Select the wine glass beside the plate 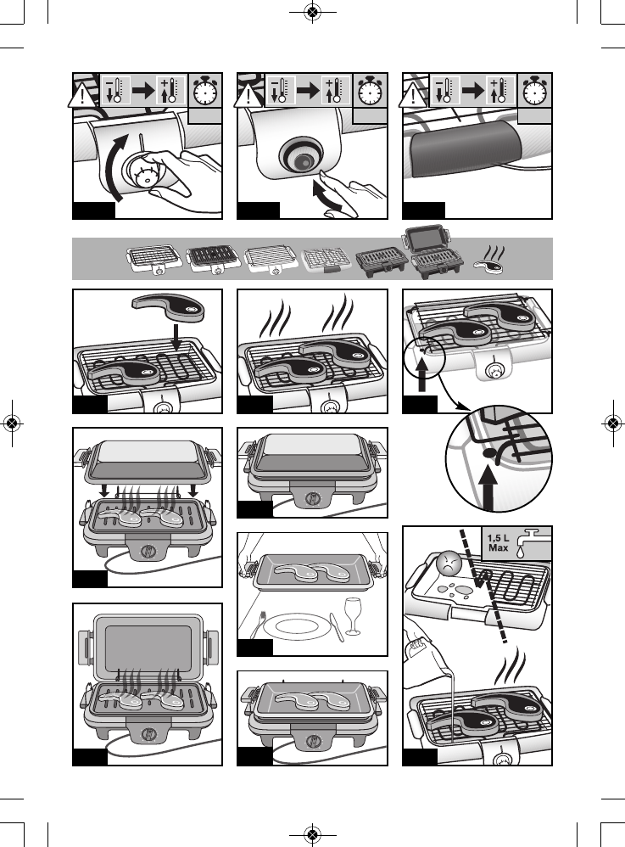pyautogui.click(x=353, y=614)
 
